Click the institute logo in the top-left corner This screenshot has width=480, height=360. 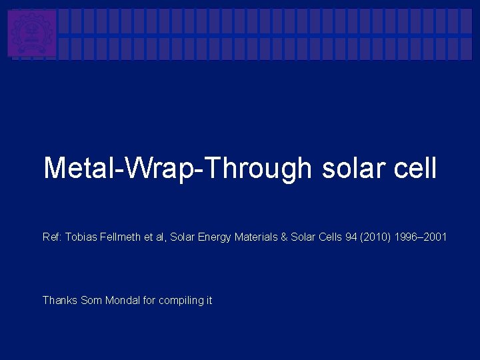coord(32,33)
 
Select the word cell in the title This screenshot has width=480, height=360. coord(415,168)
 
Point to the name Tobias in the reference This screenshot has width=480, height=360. coord(81,237)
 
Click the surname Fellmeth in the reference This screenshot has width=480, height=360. coord(119,237)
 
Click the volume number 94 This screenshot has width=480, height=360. coord(351,237)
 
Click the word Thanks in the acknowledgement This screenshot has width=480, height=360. coord(60,301)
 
